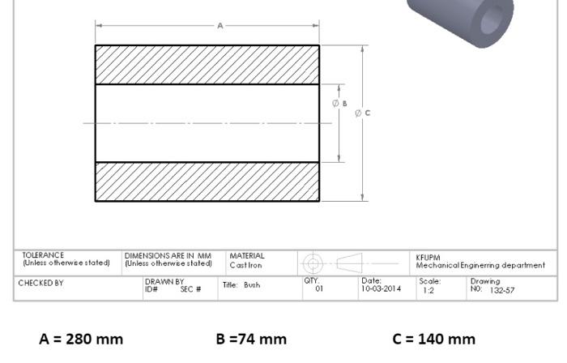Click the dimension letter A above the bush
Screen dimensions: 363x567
220,26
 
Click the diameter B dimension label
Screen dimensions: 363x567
340,104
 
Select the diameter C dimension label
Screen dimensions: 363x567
363,113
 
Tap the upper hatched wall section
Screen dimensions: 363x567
207,65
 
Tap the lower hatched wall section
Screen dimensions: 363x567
207,181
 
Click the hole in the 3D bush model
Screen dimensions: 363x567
492,19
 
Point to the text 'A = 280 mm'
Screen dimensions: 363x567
81,339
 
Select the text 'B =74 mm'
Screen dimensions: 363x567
251,339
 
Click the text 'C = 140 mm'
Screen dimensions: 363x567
434,339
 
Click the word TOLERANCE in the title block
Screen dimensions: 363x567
43,255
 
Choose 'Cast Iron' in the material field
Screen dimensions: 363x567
245,264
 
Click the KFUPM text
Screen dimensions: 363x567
428,257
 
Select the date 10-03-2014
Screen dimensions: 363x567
381,288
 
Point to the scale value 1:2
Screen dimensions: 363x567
428,290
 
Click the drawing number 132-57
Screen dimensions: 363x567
501,290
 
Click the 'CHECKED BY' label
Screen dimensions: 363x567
40,283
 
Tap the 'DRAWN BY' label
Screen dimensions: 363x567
164,282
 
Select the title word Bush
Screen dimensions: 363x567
252,285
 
